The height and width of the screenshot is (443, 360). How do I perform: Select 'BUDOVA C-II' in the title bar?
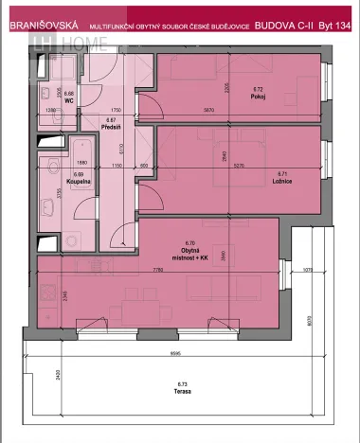280,28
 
